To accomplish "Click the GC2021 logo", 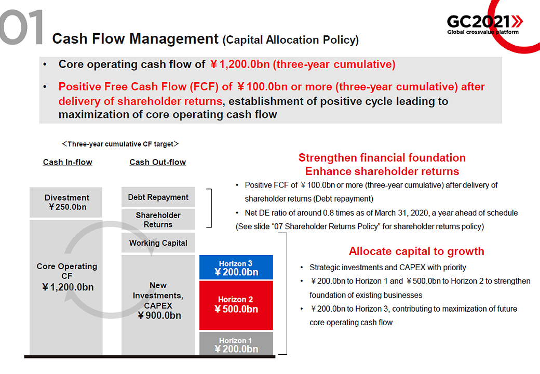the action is [x=485, y=24].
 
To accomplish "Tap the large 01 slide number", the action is [x=21, y=27].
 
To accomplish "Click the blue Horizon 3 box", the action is [x=236, y=267].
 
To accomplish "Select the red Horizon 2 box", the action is [x=236, y=305].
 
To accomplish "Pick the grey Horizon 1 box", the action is [x=236, y=343].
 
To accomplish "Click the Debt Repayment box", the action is [x=158, y=197].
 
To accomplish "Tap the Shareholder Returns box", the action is [x=158, y=219].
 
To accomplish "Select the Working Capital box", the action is [x=158, y=243].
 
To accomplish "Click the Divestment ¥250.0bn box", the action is [x=66, y=202].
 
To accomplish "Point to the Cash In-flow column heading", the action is [x=67, y=162].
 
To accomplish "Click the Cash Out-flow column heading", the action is [x=158, y=162].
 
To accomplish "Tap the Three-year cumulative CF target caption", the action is [x=120, y=144].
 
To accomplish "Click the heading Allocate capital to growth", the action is [x=416, y=251].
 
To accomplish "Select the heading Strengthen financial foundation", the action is [x=382, y=157].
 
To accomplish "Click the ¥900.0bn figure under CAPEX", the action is [x=159, y=315].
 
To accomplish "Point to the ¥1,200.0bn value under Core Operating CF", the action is [x=67, y=287].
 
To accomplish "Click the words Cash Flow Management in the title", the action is [x=136, y=38].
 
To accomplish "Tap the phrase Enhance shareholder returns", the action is [x=382, y=171].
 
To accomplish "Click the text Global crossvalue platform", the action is [x=483, y=32].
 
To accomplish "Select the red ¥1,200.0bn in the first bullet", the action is [x=240, y=64].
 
